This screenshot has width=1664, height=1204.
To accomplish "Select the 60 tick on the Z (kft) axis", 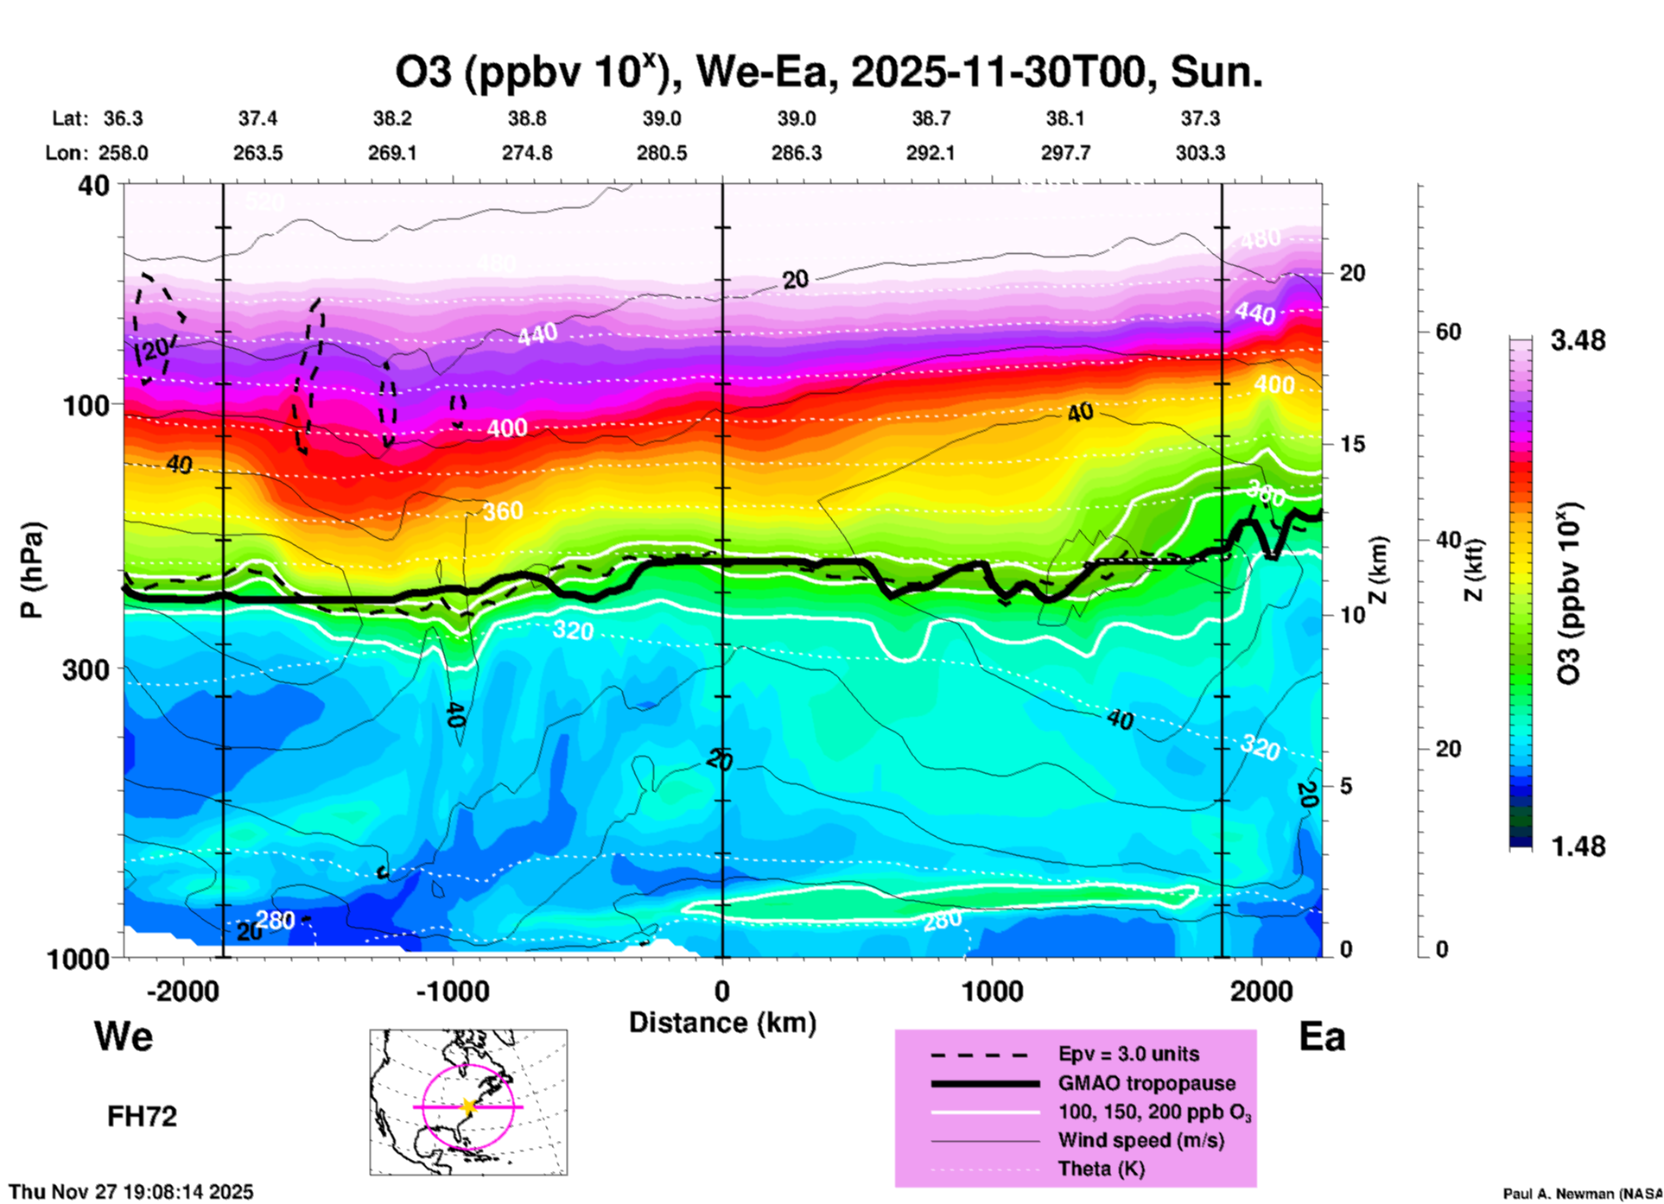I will pos(1448,332).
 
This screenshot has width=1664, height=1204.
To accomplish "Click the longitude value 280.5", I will pos(662,153).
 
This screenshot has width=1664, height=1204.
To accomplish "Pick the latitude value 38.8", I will pos(527,118).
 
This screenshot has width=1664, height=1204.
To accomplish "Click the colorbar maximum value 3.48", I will pos(1578,341).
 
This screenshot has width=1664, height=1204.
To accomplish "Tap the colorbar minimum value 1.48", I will pos(1578,846).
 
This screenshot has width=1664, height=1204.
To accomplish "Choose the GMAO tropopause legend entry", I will pos(1146,1083).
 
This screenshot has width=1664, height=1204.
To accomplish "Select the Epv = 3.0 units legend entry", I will pos(1128,1054).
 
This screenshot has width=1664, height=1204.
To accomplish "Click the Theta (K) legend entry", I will pos(1101,1169).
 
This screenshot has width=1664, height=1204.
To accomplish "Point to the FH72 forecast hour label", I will pos(142,1117).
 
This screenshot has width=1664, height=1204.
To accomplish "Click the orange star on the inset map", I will pos(468,1106).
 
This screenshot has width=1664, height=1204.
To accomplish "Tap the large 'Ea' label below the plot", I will pos(1322,1036).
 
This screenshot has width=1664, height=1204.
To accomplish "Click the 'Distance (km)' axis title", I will pos(722,1023).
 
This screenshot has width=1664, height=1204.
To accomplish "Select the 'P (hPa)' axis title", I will pos(32,570).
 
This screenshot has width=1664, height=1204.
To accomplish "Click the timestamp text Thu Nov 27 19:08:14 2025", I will pos(131,1192).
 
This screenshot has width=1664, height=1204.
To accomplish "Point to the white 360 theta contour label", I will pos(503,511).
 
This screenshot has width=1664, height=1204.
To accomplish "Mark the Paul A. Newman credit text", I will pos(1581,1194).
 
